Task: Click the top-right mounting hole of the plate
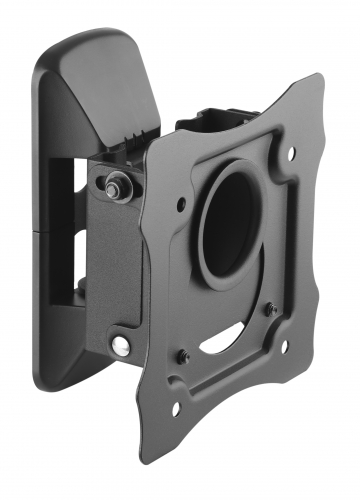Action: point(290,153)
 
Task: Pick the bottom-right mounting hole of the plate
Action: point(283,345)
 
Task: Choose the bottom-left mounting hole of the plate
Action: point(177,408)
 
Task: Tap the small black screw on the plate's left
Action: point(183,357)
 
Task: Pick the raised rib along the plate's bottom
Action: point(240,385)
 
